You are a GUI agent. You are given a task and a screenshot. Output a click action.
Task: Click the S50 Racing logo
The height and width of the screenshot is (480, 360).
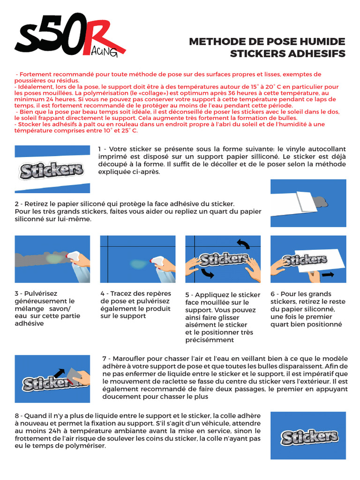coord(70,39)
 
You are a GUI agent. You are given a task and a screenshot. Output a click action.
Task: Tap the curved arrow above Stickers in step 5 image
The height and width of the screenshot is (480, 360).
coord(243,243)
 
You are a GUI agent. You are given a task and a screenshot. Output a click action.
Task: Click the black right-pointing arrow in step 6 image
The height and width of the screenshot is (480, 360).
coord(328,274)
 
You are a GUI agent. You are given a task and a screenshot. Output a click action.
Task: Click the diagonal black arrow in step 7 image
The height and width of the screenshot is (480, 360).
coord(60,374)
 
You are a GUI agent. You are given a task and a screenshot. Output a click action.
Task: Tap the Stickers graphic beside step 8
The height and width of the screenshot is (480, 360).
coord(309,437)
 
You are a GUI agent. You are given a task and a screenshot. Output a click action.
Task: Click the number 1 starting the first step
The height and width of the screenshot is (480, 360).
coord(100,149)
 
